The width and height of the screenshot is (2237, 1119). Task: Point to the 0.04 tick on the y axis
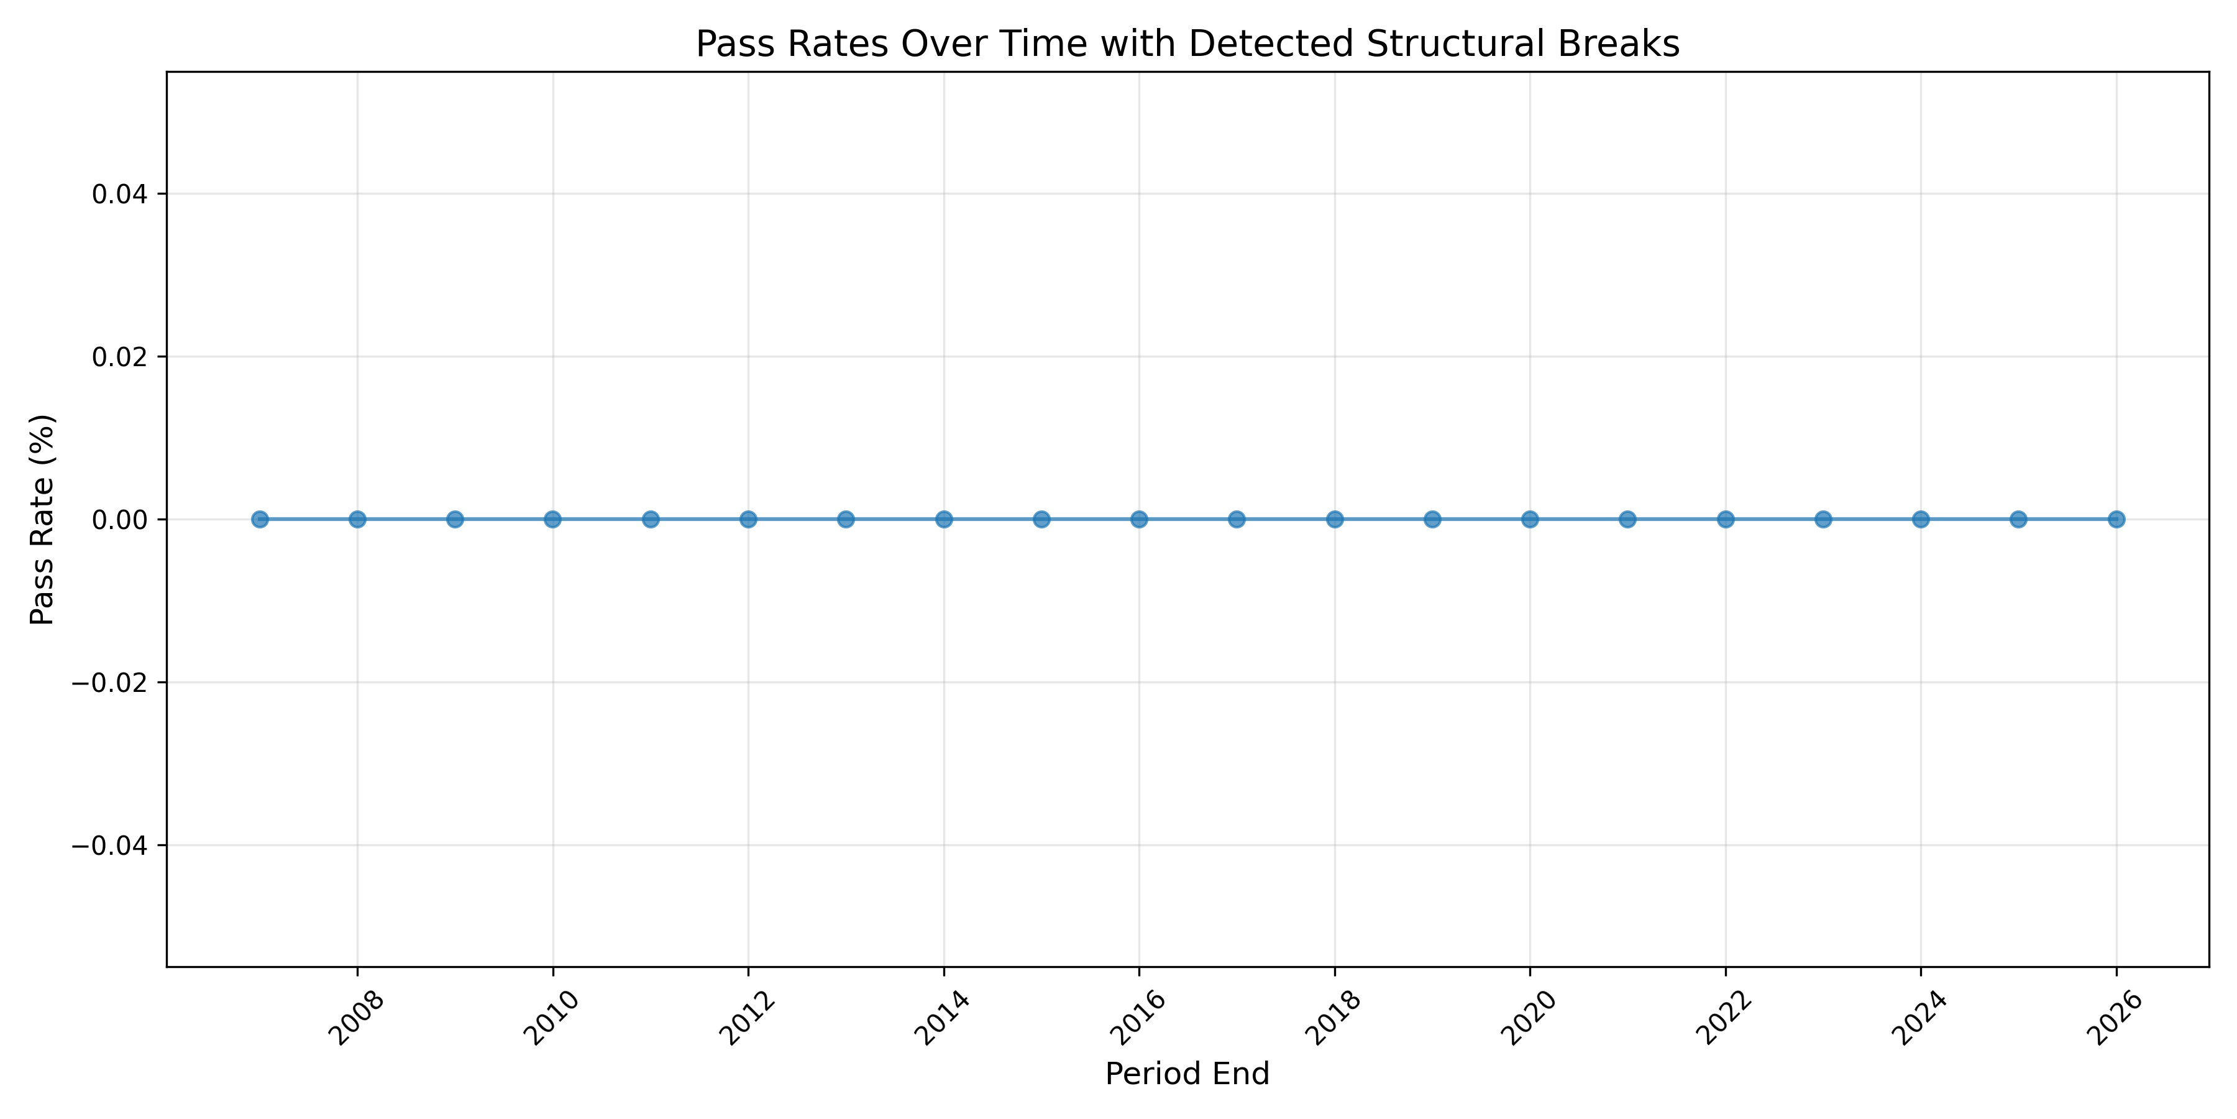(118, 194)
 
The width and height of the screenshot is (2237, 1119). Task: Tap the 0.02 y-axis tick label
(118, 356)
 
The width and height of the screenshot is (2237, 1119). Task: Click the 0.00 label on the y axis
(118, 520)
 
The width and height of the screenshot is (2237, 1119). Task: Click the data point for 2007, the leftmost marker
(260, 520)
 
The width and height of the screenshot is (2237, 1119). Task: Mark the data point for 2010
(552, 520)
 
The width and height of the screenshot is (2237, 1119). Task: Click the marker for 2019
(1433, 520)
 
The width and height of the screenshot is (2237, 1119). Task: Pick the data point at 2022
(1726, 520)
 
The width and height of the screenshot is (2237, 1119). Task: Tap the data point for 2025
(2019, 520)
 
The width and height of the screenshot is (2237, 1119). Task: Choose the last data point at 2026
(2117, 520)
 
